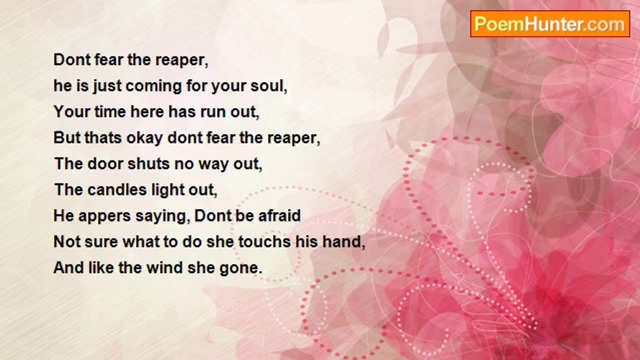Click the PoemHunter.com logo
click(x=549, y=24)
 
